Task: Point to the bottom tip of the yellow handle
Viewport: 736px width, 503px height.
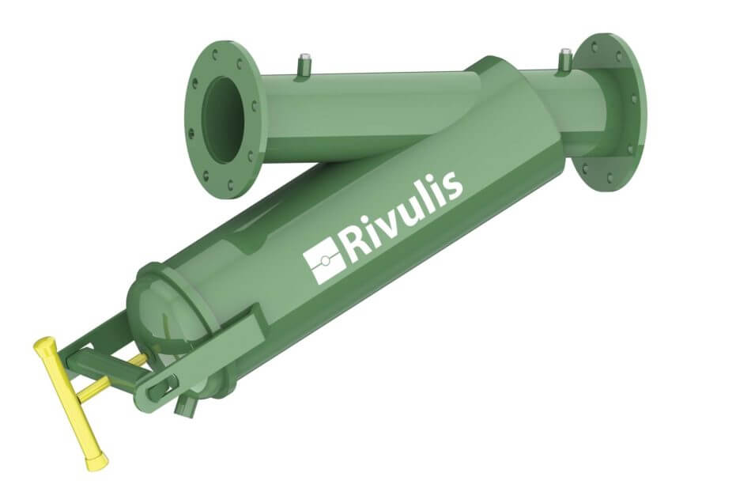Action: pyautogui.click(x=99, y=461)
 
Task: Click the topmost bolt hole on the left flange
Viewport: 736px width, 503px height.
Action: pyautogui.click(x=217, y=50)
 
